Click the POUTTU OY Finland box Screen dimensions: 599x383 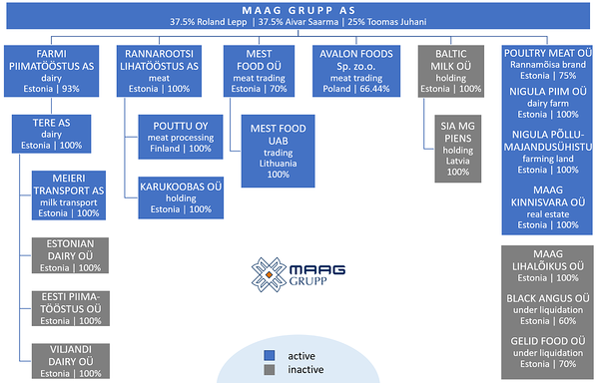tap(180, 138)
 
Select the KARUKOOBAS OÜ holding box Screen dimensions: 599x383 tap(180, 196)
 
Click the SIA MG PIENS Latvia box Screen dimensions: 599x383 tap(458, 151)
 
